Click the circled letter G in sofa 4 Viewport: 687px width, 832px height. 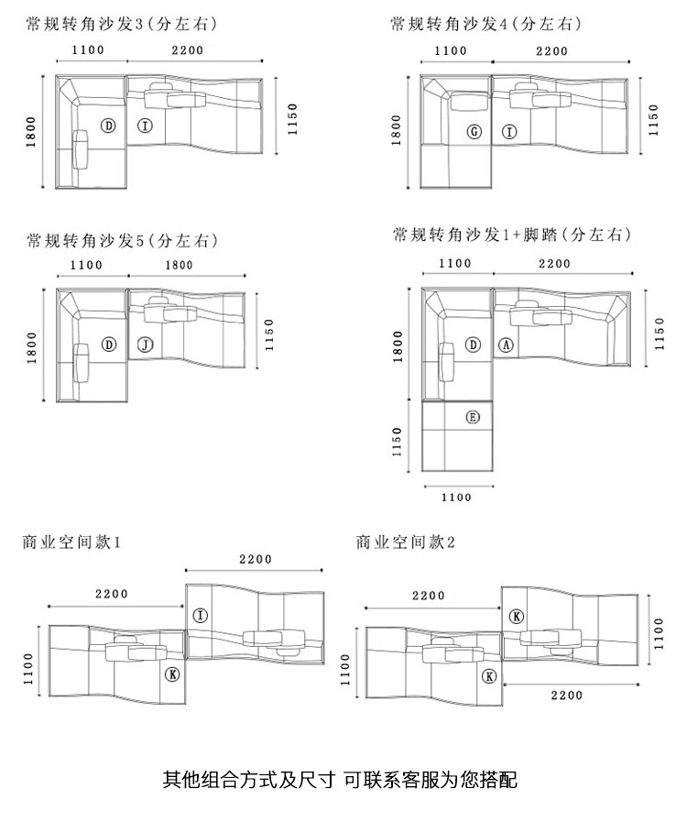(474, 132)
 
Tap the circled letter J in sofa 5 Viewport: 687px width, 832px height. (144, 345)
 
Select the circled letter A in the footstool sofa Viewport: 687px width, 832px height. (507, 345)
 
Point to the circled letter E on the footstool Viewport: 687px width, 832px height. (473, 418)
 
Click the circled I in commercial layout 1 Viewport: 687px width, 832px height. (201, 615)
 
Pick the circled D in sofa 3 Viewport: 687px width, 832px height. (108, 126)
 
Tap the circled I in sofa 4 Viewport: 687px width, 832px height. (510, 132)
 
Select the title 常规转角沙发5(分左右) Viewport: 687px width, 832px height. (123, 241)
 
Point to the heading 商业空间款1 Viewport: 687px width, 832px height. (71, 542)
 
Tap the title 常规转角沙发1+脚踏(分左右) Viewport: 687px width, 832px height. (511, 235)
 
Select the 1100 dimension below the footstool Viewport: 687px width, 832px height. (456, 498)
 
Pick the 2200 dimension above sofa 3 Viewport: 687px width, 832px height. (184, 50)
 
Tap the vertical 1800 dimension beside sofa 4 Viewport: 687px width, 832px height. (397, 129)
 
